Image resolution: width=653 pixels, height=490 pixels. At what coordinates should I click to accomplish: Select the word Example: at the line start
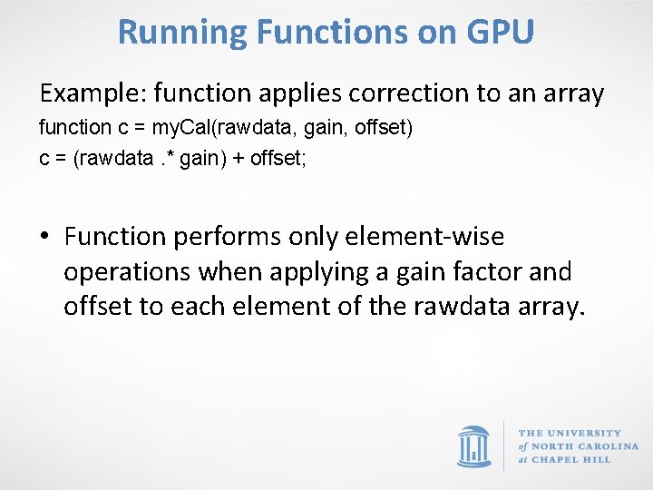[93, 93]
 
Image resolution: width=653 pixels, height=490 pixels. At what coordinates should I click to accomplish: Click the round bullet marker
[45, 238]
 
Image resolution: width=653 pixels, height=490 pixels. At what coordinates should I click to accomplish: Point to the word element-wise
[425, 237]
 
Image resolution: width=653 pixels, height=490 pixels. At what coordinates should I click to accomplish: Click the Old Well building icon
[474, 446]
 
